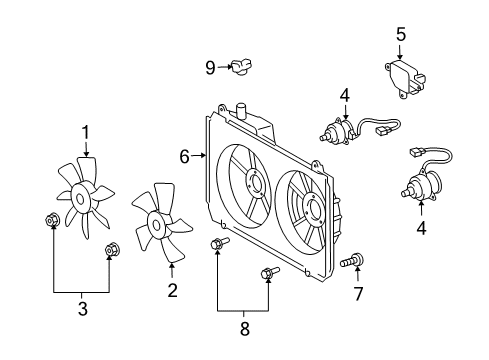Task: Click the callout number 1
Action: click(x=85, y=131)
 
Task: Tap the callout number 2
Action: click(x=172, y=291)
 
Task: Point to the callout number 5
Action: click(x=401, y=35)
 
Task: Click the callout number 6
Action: click(x=184, y=156)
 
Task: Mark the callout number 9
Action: click(x=210, y=67)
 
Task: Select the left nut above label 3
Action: click(x=51, y=221)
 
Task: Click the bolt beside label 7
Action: click(x=350, y=262)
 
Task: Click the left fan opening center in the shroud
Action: click(x=250, y=185)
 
